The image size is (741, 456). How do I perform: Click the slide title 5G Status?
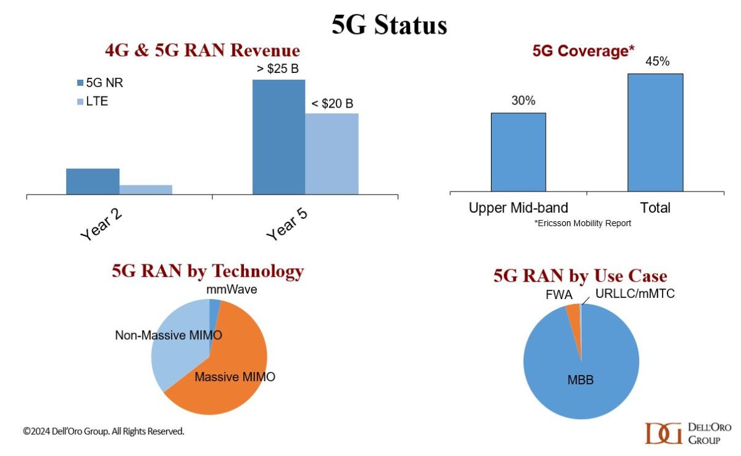click(x=388, y=25)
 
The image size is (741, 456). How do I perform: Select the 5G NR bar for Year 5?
click(x=278, y=137)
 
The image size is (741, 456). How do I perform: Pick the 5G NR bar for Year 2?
click(x=93, y=181)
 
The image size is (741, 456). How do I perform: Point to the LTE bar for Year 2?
click(x=146, y=189)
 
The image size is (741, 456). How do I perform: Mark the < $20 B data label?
click(x=333, y=103)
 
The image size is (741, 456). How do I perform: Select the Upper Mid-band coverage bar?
click(x=518, y=152)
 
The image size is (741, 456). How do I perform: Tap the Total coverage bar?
click(x=655, y=132)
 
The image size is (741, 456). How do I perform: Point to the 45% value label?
click(x=655, y=62)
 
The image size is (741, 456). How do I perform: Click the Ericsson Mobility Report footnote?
click(x=582, y=223)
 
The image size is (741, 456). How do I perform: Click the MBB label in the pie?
click(x=580, y=380)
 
